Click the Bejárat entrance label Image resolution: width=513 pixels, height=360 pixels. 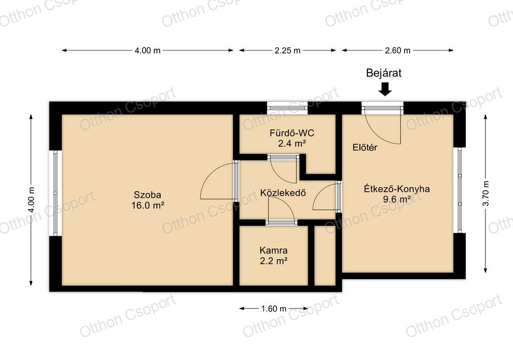click(384, 73)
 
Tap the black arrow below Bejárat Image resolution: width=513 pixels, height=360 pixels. click(385, 89)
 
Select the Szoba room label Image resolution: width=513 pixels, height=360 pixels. click(147, 195)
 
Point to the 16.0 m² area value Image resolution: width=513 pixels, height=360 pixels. click(147, 205)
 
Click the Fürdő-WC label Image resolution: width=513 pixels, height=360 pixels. click(292, 133)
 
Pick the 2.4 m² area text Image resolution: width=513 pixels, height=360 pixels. click(292, 143)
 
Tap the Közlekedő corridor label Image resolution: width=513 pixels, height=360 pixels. click(283, 193)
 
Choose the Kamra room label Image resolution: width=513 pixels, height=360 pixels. click(273, 250)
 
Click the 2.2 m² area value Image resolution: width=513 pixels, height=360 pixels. click(273, 261)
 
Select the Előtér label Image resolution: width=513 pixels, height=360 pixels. click(365, 147)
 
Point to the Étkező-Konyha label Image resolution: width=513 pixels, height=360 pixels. click(397, 189)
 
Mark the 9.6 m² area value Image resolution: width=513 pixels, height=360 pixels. click(397, 199)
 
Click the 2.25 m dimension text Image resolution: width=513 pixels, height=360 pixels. click(287, 51)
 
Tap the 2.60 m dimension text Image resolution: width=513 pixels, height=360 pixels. click(398, 51)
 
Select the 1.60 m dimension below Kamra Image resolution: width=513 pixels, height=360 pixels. click(273, 309)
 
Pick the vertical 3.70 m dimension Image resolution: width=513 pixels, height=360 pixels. click(485, 193)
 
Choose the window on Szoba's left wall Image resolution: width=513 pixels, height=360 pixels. click(56, 193)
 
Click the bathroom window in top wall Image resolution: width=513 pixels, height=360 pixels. click(287, 108)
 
